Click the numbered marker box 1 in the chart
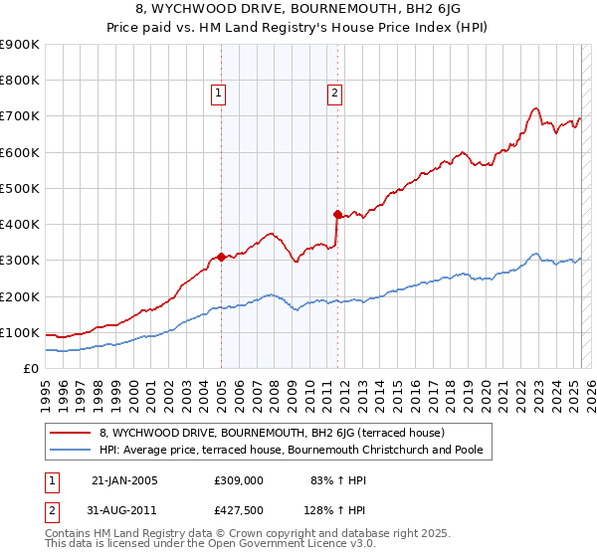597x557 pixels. click(218, 94)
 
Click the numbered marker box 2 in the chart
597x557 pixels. click(333, 94)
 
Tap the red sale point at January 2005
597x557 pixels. click(221, 257)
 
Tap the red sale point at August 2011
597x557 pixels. click(337, 214)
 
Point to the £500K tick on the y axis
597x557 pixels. click(20, 188)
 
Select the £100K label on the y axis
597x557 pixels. click(20, 332)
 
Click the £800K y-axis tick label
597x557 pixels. click(20, 81)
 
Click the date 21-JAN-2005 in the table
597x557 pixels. click(123, 480)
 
